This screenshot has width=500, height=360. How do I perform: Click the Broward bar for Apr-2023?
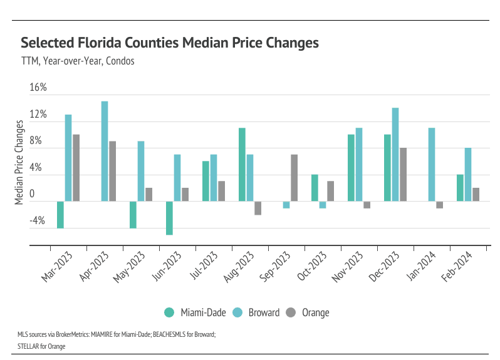(x=105, y=151)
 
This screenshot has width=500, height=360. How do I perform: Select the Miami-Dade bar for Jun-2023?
(x=169, y=218)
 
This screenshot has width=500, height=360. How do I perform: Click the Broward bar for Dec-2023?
(x=395, y=154)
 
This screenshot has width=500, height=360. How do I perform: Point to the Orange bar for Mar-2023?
(x=76, y=168)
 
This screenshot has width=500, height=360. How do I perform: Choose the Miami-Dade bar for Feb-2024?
(x=460, y=188)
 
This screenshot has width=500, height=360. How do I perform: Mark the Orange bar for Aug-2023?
(x=258, y=208)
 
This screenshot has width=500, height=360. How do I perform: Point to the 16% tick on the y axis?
(x=38, y=88)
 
